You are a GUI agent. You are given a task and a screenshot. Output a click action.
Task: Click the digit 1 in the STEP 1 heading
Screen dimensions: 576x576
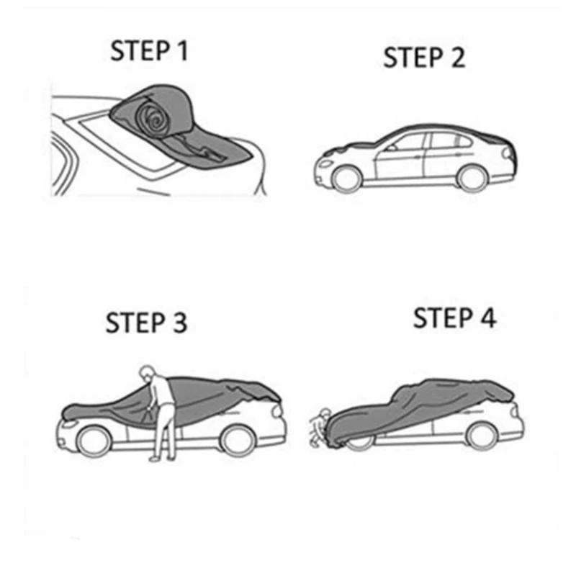[x=182, y=50]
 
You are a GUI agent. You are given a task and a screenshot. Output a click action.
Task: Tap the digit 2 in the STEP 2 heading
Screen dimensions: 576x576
[x=458, y=58]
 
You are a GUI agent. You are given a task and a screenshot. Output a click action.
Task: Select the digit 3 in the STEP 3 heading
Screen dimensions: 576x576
[x=180, y=323]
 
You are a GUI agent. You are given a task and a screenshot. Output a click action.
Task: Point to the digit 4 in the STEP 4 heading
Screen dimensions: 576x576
[x=489, y=318]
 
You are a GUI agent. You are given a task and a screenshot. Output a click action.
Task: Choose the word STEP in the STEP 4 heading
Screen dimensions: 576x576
[x=443, y=318]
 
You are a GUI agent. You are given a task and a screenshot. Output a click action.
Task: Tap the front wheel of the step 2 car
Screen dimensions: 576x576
[x=346, y=179]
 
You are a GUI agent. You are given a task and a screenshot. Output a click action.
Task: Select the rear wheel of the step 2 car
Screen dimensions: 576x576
[x=472, y=179]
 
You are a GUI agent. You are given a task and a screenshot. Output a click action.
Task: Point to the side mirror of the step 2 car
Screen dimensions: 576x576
[x=392, y=148]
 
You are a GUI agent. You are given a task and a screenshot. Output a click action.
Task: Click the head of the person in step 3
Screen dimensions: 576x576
[x=146, y=372]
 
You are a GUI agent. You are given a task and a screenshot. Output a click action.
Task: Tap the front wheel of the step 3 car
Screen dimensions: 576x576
[x=94, y=441]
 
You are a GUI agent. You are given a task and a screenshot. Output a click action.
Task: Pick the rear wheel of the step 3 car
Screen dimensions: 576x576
[x=238, y=440]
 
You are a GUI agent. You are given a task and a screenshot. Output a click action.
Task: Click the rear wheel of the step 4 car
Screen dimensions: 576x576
[x=481, y=436]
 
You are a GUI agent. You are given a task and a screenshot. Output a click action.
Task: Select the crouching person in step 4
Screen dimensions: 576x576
[x=320, y=427]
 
